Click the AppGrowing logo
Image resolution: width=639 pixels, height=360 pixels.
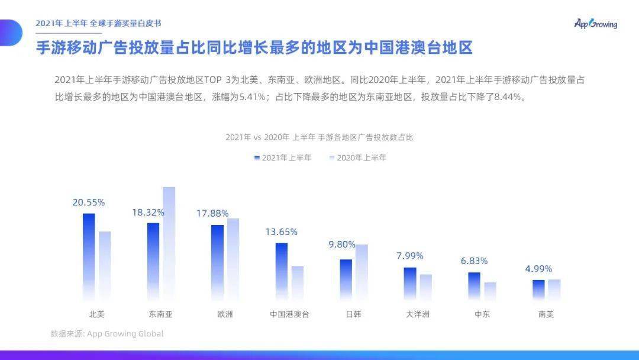(595, 24)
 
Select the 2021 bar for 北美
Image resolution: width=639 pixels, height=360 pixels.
(89, 256)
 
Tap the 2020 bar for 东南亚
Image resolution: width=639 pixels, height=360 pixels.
(169, 243)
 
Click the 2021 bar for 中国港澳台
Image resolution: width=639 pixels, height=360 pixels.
(282, 271)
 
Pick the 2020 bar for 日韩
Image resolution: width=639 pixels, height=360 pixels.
(362, 271)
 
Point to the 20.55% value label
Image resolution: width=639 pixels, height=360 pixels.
(89, 202)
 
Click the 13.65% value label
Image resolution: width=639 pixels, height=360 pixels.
(282, 232)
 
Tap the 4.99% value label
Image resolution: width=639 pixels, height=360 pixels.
(538, 269)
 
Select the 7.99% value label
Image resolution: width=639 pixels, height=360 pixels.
(410, 256)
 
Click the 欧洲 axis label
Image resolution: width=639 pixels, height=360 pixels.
(225, 314)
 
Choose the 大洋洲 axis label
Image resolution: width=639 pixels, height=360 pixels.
(418, 314)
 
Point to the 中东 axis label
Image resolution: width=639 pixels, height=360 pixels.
(482, 314)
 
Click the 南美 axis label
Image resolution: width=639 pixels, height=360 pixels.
(546, 314)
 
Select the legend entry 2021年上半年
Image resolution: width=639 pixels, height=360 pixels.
(283, 157)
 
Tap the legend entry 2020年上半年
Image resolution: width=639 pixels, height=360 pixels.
(357, 157)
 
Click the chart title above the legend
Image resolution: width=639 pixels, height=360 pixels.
(319, 137)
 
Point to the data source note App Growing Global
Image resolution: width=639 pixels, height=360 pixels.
(107, 334)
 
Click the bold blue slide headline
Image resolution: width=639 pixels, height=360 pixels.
(254, 48)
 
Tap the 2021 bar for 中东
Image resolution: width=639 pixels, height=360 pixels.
(475, 285)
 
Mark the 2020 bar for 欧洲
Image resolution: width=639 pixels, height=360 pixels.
(233, 259)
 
